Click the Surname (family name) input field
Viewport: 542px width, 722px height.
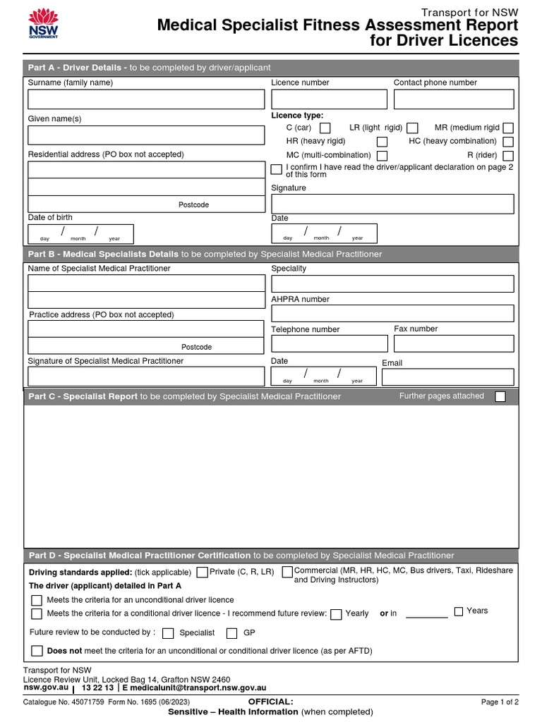[146, 99]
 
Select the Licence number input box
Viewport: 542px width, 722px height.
[327, 99]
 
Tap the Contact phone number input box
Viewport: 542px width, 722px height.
[454, 99]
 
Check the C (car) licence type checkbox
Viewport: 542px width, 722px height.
[325, 128]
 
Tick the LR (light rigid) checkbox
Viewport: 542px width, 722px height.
[413, 128]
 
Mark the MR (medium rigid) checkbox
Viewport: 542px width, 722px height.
[507, 128]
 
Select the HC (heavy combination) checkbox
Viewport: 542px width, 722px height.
[507, 142]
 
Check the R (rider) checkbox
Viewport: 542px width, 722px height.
[507, 156]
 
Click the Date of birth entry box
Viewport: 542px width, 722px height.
[80, 233]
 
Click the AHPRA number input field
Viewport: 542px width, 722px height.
[392, 314]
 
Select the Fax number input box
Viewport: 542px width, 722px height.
[454, 343]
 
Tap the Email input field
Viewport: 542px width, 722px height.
[447, 377]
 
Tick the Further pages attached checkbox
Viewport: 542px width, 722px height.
[500, 397]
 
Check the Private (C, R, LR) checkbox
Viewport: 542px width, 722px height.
[203, 573]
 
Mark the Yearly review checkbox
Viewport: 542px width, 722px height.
[337, 614]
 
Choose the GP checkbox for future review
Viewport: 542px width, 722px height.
[232, 633]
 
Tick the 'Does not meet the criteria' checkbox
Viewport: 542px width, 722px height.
[37, 651]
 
